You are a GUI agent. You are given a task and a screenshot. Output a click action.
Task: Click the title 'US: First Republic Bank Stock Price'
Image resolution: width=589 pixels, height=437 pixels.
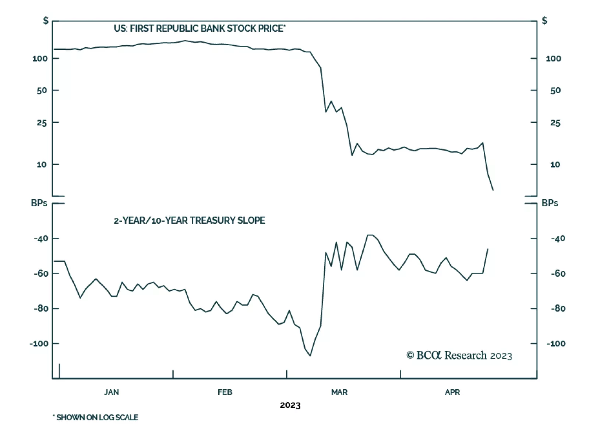(199, 28)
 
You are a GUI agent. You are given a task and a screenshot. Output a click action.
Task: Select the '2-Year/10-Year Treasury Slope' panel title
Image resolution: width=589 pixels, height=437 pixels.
(189, 220)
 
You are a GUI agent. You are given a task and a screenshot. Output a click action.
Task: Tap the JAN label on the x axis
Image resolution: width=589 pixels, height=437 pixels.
(111, 392)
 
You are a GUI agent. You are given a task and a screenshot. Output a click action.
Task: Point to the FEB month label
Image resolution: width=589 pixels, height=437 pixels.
(225, 392)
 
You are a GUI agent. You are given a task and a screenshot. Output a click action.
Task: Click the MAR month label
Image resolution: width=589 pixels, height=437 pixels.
(339, 392)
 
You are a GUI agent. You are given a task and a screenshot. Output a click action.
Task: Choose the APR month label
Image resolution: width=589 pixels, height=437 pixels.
(452, 392)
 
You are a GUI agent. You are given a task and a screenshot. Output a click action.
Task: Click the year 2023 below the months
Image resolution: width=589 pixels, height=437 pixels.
(290, 405)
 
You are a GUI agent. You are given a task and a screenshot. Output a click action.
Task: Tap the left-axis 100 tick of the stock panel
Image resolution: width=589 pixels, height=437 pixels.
(40, 59)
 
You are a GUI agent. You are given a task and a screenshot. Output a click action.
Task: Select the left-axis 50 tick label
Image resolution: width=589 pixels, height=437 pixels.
(42, 90)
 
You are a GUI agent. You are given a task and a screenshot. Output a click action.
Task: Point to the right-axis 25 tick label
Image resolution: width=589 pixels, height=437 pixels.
(555, 123)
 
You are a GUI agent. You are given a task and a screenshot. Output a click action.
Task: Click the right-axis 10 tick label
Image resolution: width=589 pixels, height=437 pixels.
(555, 164)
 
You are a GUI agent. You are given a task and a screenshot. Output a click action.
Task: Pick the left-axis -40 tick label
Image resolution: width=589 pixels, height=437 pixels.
(41, 238)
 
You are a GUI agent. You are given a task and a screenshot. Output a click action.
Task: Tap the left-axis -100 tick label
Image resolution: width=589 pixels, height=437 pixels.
(39, 343)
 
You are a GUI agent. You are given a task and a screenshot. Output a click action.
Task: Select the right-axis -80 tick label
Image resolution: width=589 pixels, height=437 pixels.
(558, 308)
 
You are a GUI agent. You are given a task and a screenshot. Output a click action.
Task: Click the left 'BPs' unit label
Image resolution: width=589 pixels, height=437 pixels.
(39, 203)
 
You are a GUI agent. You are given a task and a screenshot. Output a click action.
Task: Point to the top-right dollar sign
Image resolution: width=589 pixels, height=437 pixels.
(544, 21)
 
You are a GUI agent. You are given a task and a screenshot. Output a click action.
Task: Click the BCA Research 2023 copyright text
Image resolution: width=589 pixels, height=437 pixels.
(459, 355)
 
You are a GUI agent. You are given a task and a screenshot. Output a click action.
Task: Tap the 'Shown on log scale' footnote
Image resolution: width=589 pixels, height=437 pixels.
(96, 417)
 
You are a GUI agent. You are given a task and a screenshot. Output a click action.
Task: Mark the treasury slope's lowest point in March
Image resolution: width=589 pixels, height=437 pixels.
(310, 356)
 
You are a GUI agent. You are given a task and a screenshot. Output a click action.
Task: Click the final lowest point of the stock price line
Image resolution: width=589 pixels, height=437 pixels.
(493, 190)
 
